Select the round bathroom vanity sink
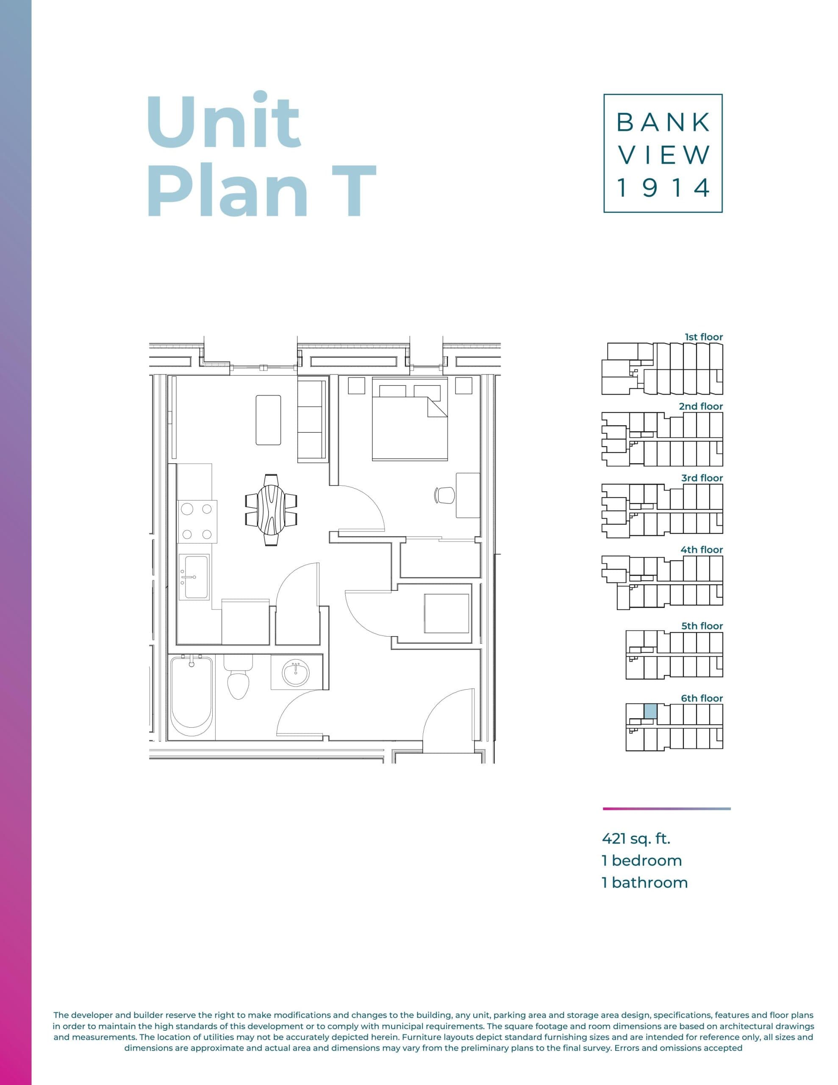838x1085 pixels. tap(296, 673)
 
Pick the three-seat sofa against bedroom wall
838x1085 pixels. tap(311, 420)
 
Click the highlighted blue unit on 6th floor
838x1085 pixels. tap(650, 711)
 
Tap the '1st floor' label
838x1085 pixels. tap(703, 337)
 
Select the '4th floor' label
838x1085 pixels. tap(702, 549)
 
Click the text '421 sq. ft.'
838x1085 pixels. tap(636, 839)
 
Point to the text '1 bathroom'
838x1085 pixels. tap(644, 882)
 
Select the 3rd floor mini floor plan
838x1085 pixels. tap(662, 511)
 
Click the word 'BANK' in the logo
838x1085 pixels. tap(663, 122)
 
